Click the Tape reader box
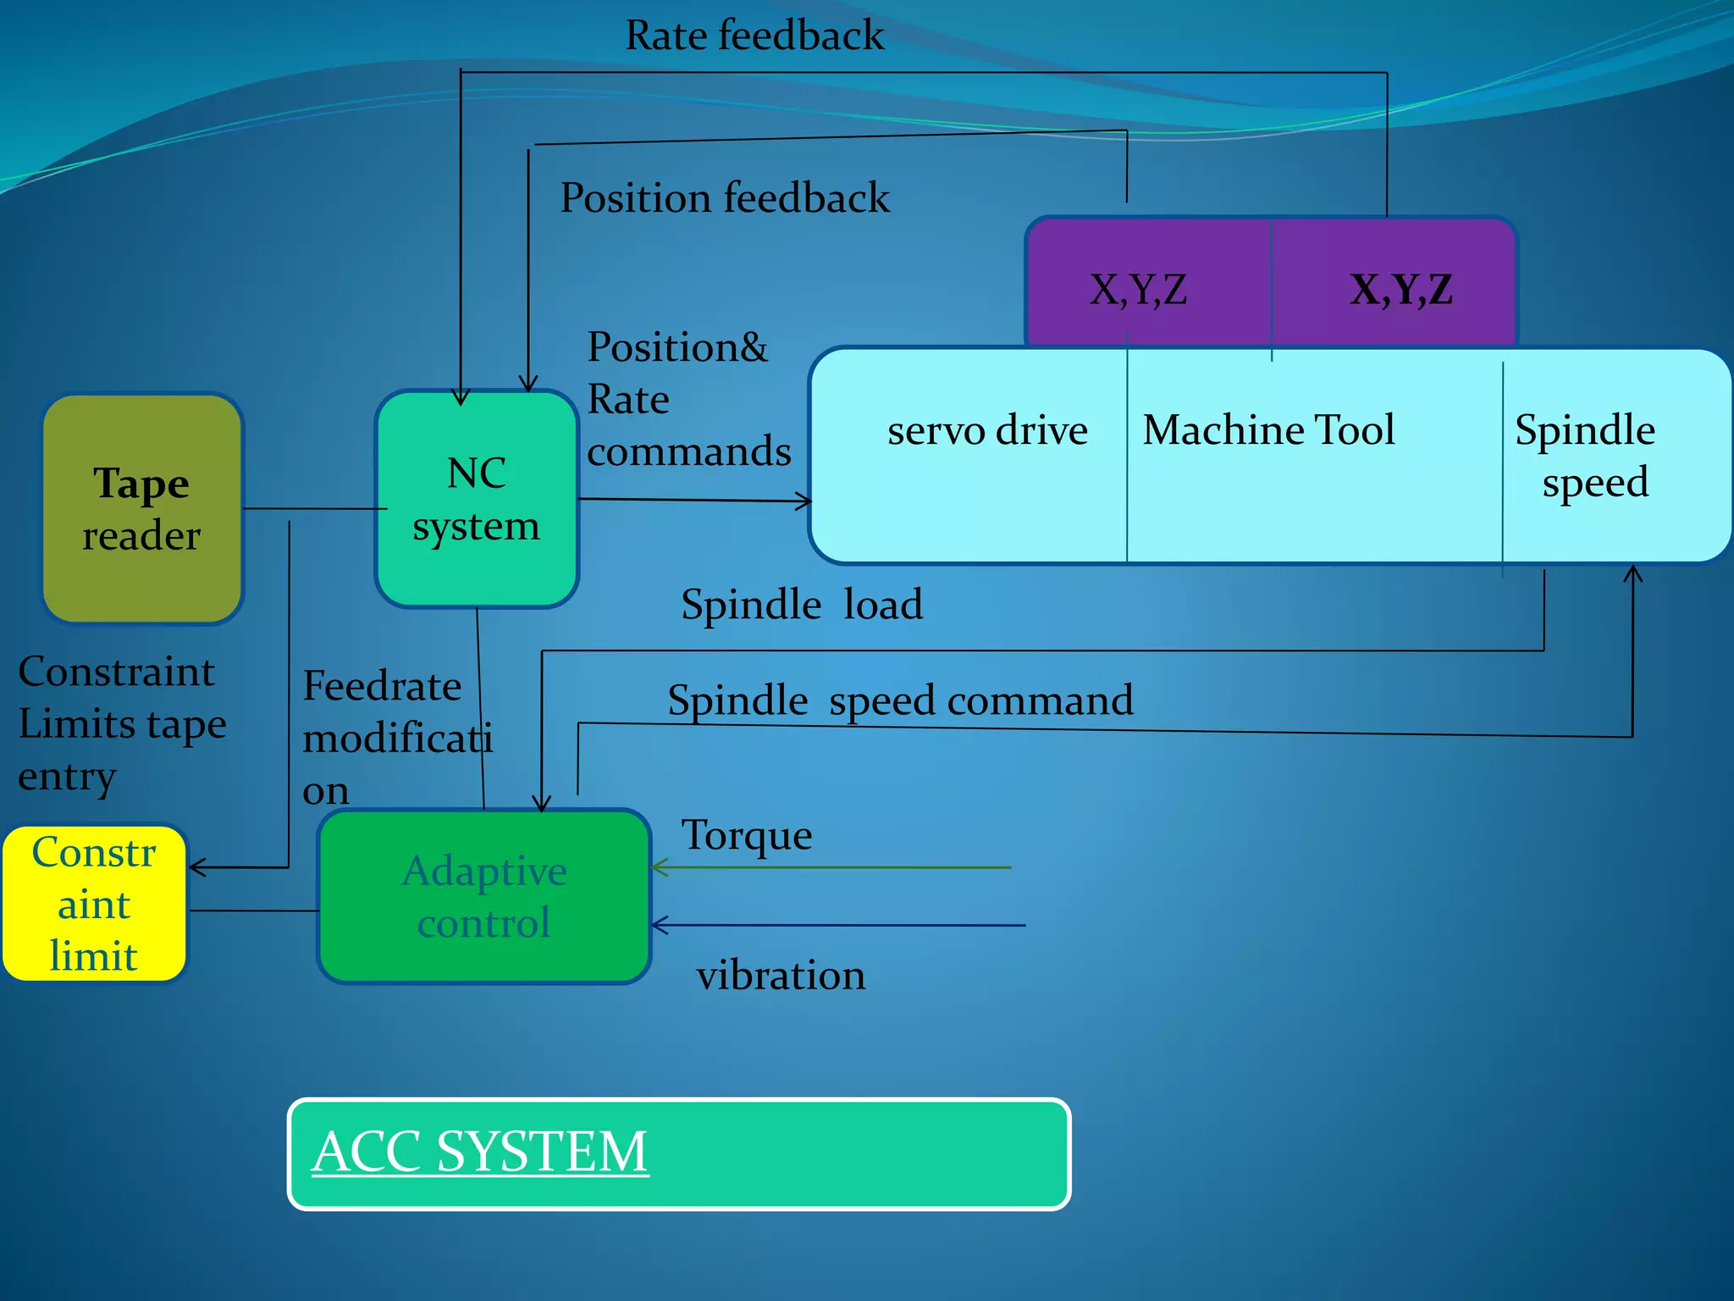click(x=142, y=508)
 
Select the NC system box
click(x=477, y=499)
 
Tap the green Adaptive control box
click(x=484, y=896)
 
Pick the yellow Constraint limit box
click(x=94, y=904)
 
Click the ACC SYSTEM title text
click(x=480, y=1152)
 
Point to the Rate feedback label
click(x=754, y=36)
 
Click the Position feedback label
click(x=725, y=198)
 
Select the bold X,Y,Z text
click(x=1401, y=290)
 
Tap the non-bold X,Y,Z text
click(x=1138, y=290)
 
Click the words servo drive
click(x=987, y=430)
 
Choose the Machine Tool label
click(x=1268, y=429)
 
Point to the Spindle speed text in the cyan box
click(x=1586, y=456)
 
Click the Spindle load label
click(x=801, y=605)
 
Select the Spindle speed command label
click(x=900, y=700)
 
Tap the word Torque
click(x=747, y=835)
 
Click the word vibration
click(x=781, y=975)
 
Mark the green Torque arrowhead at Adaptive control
click(x=658, y=867)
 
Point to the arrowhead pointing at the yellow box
click(x=195, y=867)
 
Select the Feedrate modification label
click(x=395, y=738)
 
